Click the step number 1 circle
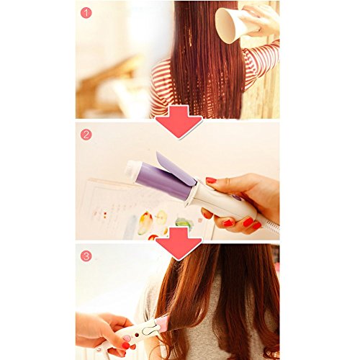tap(86, 13)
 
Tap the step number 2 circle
tap(86, 135)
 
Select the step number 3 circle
tap(86, 256)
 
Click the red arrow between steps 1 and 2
tap(179, 121)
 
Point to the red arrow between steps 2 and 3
tap(179, 243)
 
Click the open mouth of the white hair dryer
tap(225, 26)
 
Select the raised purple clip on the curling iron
tap(175, 168)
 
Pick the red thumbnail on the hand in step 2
tap(211, 180)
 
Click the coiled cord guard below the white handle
tap(272, 228)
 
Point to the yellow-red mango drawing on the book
tap(145, 222)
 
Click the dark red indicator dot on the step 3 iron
tap(137, 334)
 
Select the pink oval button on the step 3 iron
tap(127, 338)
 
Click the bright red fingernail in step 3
tap(125, 346)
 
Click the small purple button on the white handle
tap(236, 197)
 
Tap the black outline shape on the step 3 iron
tap(150, 328)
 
